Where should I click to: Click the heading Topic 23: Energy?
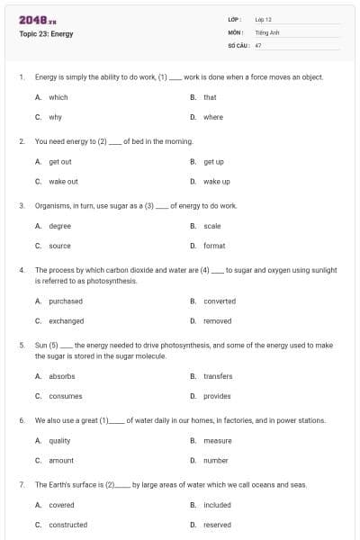coord(46,34)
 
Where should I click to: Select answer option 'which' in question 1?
coord(58,97)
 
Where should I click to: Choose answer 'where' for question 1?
coord(213,117)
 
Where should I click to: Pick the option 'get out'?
coord(59,162)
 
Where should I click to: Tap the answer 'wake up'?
coord(217,181)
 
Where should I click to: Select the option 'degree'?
coord(59,226)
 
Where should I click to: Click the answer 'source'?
coord(59,246)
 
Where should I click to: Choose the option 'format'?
coord(214,246)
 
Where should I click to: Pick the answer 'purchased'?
coord(65,301)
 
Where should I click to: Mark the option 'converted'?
coord(220,301)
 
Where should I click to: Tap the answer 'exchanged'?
coord(66,320)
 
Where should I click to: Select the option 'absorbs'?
coord(61,376)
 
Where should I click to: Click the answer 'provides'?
coord(217,396)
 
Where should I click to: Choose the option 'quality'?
coord(59,441)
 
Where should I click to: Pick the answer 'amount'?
coord(60,460)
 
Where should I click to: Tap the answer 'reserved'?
coord(217,525)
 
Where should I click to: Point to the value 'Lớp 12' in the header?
coord(264,19)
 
